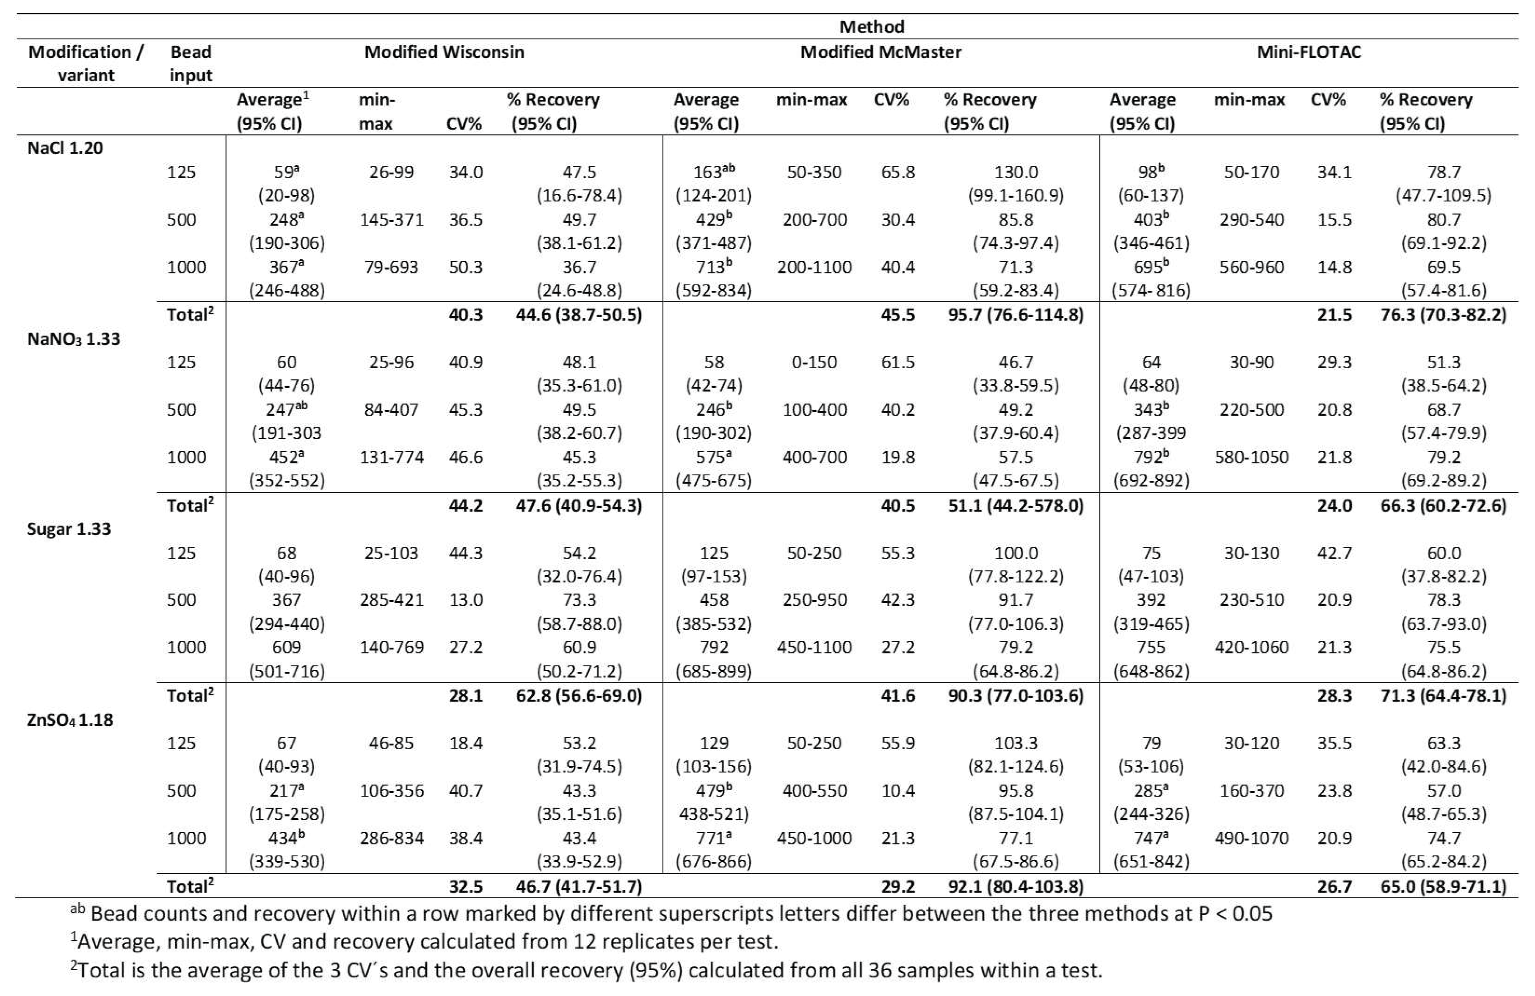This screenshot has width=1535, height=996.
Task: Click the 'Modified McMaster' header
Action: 881,52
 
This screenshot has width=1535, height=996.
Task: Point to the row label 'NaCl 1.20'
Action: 65,148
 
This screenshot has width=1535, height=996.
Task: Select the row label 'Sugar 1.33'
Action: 69,529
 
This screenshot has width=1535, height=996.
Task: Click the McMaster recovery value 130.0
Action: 1016,172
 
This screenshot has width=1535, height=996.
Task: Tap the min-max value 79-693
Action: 392,267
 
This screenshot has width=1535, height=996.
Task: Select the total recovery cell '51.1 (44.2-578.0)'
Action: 1016,506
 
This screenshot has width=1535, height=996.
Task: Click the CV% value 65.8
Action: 898,172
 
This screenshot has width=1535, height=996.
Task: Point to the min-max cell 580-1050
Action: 1251,457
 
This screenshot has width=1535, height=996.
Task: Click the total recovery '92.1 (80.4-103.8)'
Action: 1016,886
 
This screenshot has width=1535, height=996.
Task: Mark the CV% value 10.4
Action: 898,791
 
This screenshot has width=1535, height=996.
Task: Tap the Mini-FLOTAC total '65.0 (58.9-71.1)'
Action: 1444,886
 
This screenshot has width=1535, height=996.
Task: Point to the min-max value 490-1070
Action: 1251,838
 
